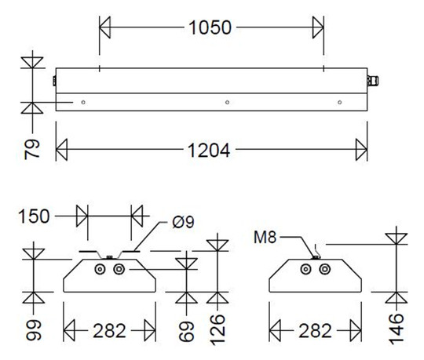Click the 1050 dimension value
pos(210,28)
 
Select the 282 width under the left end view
pos(110,330)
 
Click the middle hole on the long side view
pos(226,102)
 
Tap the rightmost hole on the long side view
pos(340,102)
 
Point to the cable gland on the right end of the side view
pos(373,80)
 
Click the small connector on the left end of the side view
pos(53,80)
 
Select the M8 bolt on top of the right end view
pos(316,253)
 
